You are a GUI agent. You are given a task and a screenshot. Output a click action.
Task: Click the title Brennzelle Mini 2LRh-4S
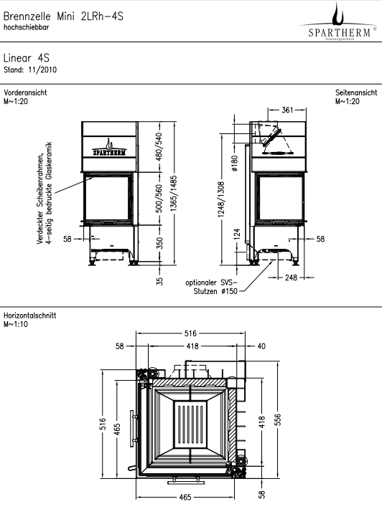pos(63,16)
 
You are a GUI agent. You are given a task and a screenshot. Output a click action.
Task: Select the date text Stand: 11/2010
pos(30,70)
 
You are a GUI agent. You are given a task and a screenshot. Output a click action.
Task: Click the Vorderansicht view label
pos(25,92)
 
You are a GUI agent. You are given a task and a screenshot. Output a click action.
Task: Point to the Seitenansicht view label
pos(356,92)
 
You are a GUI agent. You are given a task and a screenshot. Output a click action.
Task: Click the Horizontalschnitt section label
pos(29,315)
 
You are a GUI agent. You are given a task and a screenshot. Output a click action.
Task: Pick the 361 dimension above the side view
pos(287,110)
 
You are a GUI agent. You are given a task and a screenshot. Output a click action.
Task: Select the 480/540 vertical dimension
pos(159,146)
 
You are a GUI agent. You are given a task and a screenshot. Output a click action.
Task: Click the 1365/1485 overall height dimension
pos(174,194)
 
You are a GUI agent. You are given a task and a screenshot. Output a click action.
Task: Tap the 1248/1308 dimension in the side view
pos(221,199)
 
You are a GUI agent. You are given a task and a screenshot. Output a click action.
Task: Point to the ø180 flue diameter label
pos(235,163)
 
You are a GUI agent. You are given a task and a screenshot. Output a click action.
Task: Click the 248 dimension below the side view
pos(291,277)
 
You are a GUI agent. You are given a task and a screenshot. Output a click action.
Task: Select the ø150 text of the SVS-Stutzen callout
pos(230,291)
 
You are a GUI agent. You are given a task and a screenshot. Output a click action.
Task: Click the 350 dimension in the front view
pos(159,243)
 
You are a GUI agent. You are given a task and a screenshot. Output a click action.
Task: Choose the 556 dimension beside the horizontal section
pos(277,419)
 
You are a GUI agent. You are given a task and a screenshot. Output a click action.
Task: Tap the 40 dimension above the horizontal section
pos(261,346)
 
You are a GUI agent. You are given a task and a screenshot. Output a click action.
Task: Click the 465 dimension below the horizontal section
pos(185,497)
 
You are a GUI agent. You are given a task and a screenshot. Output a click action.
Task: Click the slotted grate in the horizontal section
pos(190,425)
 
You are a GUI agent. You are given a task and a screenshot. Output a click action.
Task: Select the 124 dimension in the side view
pos(237,234)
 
